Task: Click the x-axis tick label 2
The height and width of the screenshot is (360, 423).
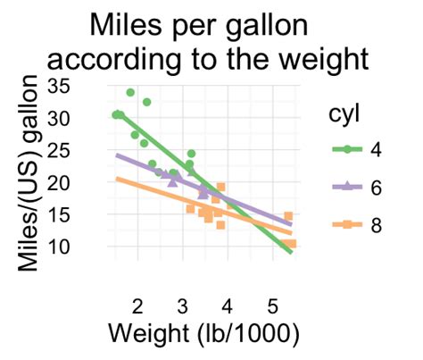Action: click(x=137, y=305)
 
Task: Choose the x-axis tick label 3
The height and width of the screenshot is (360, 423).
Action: click(x=182, y=305)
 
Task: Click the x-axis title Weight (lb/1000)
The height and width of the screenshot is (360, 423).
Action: click(x=203, y=334)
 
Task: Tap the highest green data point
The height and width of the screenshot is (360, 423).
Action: click(x=130, y=93)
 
